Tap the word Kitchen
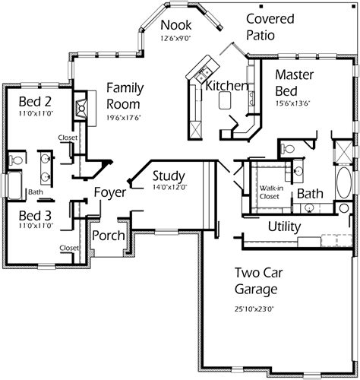[226, 86]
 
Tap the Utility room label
[285, 226]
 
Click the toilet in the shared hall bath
[16, 160]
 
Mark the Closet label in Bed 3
[69, 248]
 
